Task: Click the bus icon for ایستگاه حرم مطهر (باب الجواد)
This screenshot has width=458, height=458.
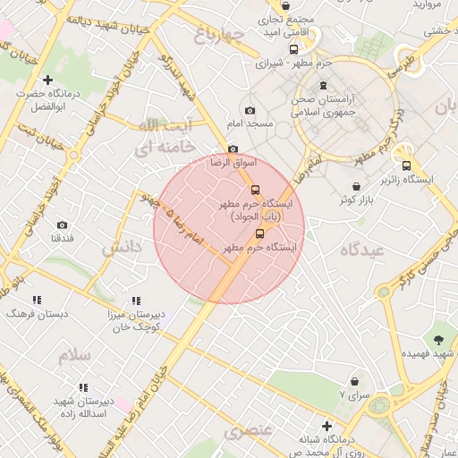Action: tap(255, 190)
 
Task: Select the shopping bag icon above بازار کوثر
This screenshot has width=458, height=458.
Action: tap(357, 186)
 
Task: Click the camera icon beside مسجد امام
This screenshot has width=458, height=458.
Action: tap(250, 110)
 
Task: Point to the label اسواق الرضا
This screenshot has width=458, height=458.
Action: tap(233, 163)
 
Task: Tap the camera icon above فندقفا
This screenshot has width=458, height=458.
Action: tap(62, 225)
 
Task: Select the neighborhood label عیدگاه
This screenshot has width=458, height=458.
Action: tap(361, 250)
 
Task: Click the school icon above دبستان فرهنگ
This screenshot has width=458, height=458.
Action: tap(37, 301)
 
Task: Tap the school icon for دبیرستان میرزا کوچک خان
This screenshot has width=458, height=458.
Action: tap(136, 301)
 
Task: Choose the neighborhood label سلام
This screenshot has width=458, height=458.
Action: tap(76, 355)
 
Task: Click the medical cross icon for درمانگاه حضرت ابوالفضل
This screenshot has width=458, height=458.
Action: tap(47, 81)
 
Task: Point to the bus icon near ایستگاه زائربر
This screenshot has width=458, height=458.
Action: tap(407, 165)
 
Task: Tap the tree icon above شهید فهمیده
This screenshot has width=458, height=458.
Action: tap(438, 340)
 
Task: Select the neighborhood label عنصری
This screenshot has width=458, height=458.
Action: tap(247, 432)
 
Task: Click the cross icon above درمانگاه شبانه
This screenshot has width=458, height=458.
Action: tap(327, 428)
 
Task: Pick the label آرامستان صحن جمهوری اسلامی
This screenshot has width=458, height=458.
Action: tap(324, 106)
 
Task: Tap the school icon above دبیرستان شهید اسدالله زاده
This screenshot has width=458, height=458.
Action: tap(82, 388)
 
